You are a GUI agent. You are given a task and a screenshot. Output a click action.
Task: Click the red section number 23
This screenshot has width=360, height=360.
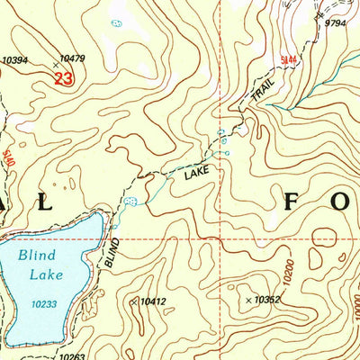(62, 79)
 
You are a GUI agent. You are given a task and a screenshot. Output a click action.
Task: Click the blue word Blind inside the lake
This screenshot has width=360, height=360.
(34, 256)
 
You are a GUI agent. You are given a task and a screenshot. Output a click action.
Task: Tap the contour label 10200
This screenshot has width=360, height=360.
(287, 269)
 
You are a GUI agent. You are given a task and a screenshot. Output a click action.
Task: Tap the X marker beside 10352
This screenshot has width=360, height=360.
(249, 299)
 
